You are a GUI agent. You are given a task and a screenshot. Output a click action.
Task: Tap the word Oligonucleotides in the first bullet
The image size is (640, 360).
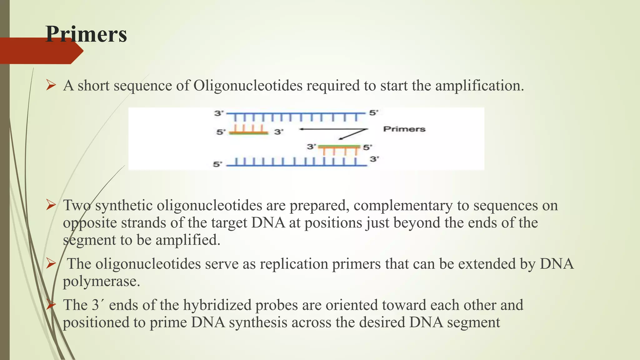click(248, 86)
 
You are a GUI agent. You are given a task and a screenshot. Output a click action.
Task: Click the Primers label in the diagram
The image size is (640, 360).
click(404, 129)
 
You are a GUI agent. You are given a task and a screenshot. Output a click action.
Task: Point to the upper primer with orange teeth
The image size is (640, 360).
click(248, 130)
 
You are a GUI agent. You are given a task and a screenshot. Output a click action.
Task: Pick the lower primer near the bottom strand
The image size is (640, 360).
click(339, 149)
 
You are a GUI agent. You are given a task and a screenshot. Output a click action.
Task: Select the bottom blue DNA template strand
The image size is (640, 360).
click(296, 163)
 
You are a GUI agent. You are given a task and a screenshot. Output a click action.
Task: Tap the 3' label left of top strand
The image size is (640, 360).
click(219, 113)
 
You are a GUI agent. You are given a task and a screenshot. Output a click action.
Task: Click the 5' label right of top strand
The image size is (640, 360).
click(374, 112)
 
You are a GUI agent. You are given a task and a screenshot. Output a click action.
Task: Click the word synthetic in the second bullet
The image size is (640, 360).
click(124, 205)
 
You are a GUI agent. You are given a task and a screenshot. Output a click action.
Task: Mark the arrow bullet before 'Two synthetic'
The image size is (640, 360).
click(51, 205)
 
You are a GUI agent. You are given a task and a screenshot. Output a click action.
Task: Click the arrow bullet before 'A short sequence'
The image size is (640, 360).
click(51, 85)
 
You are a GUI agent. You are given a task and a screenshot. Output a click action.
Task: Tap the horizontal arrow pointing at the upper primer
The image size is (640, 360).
click(331, 129)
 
